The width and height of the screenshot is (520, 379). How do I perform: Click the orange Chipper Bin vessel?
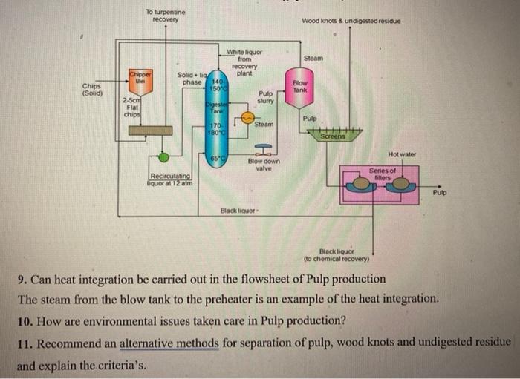click(x=140, y=82)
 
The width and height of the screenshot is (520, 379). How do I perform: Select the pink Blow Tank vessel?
click(x=299, y=88)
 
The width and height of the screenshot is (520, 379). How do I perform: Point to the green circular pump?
click(x=163, y=157)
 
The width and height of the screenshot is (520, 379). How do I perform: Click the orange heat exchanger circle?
click(x=247, y=117)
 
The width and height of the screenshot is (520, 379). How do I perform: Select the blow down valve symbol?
click(x=264, y=150)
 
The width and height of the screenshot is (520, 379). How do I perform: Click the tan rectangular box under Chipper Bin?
click(x=150, y=131)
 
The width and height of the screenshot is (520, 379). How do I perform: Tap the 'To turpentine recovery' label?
click(x=166, y=16)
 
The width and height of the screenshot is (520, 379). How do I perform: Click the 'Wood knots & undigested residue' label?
click(x=351, y=21)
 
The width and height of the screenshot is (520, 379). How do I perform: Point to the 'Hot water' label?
click(x=402, y=154)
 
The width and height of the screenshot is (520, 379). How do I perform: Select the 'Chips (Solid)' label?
click(x=92, y=89)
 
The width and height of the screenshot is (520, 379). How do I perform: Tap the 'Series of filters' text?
click(x=383, y=174)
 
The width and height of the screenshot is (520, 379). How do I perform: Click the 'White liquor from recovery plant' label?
click(x=244, y=62)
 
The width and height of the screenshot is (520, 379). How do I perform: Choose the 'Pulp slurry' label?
click(x=266, y=97)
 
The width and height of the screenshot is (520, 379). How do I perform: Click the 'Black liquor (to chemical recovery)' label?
click(x=337, y=255)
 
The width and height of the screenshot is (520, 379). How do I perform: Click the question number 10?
click(x=25, y=321)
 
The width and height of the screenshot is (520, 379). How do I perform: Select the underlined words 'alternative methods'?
click(x=169, y=343)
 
